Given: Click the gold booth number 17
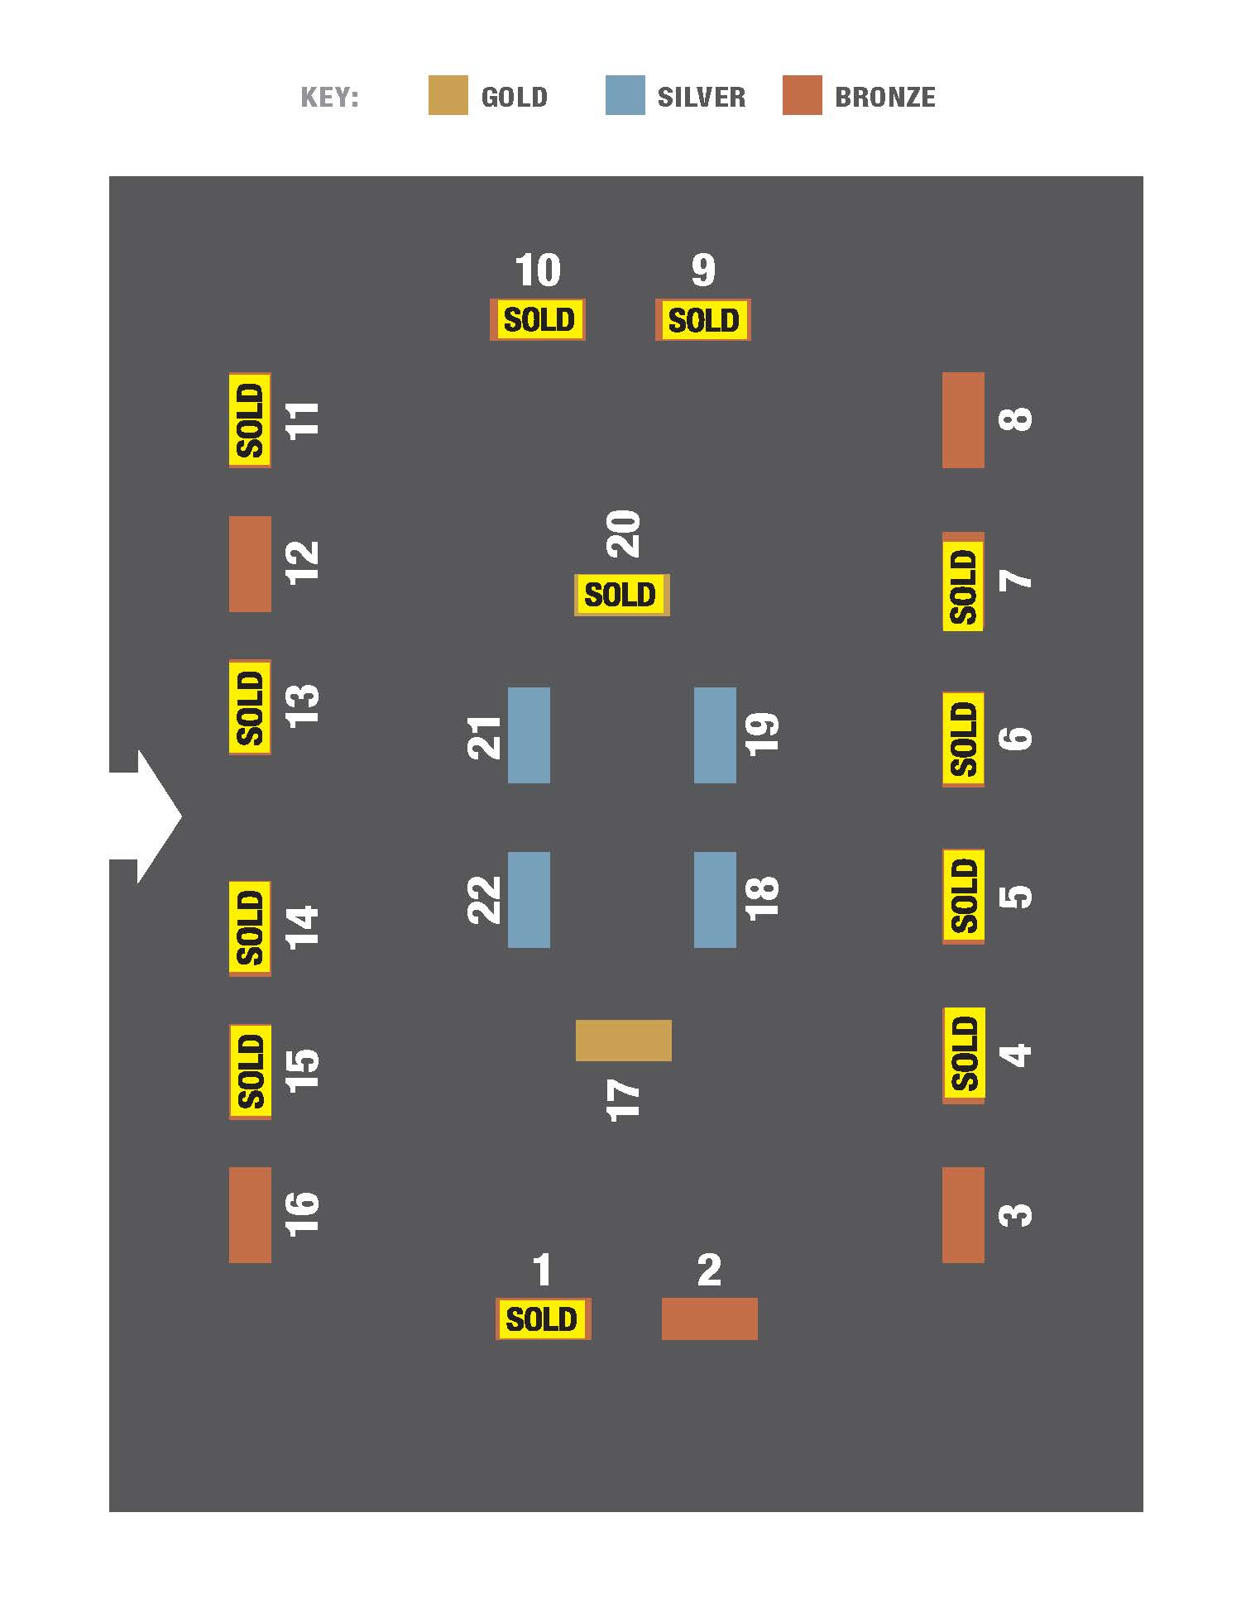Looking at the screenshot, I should (623, 1040).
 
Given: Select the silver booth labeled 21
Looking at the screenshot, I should (529, 735).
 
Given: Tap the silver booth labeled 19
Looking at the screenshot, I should (715, 735).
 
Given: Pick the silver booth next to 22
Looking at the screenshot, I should (529, 899).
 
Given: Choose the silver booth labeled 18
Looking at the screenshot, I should (715, 899).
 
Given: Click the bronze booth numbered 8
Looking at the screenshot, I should (963, 420).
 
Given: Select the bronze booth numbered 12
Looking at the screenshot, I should (250, 564).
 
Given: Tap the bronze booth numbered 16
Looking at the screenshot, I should (250, 1214).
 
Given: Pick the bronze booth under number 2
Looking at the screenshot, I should (709, 1319).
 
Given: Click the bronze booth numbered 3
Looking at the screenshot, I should (963, 1214).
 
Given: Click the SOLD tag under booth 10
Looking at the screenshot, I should (539, 319).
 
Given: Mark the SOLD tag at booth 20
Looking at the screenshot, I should (620, 595).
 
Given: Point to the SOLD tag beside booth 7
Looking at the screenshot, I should (963, 586).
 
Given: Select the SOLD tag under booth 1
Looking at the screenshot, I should (542, 1319).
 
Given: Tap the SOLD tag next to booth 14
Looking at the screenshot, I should (250, 927).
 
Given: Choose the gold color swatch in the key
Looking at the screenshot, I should (448, 95).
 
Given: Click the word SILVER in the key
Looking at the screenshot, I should (701, 97).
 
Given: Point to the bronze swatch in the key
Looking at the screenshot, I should (802, 95).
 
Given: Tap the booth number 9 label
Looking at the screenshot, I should (702, 270).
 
